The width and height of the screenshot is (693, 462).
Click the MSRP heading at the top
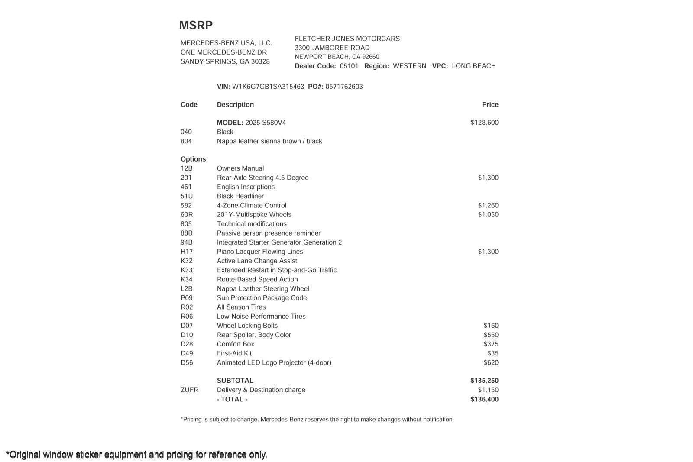[x=196, y=26]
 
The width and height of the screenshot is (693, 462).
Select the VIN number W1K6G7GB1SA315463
[x=268, y=87]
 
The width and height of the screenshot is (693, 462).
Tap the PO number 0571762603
[x=344, y=87]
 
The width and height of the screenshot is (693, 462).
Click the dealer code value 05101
[x=349, y=66]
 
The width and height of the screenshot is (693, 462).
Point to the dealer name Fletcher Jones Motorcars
[x=347, y=39]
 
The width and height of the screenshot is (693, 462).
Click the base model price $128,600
[x=484, y=123]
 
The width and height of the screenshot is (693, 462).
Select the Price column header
[x=490, y=105]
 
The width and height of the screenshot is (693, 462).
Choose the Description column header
[x=235, y=105]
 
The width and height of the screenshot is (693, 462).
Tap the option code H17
[x=187, y=252]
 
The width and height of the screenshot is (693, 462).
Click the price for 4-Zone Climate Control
[x=488, y=205]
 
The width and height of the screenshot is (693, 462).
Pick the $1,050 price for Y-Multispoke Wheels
[x=488, y=215]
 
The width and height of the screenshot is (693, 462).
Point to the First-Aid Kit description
[x=234, y=353]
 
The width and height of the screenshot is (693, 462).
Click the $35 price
[x=492, y=353]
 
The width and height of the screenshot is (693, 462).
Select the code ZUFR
[x=189, y=390]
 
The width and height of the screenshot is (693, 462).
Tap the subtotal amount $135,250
[x=484, y=381]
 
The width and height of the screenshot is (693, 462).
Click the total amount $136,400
[x=484, y=399]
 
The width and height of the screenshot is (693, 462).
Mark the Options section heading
[x=193, y=159]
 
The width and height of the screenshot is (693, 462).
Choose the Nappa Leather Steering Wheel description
[x=263, y=289]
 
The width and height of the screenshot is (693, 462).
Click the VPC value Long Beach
[x=473, y=66]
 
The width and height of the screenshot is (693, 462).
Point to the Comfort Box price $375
[x=491, y=344]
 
